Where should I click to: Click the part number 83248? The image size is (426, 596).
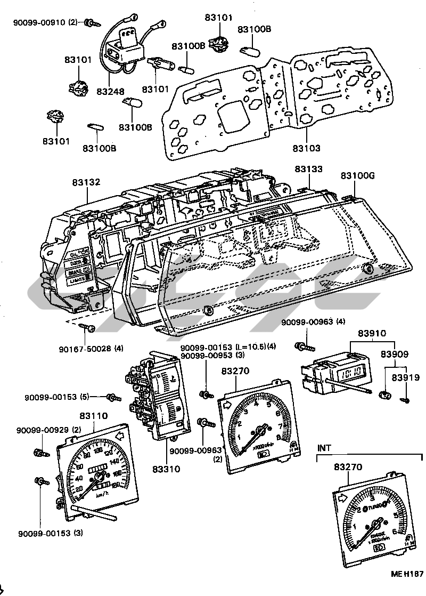pyautogui.click(x=111, y=92)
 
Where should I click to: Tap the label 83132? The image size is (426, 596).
pyautogui.click(x=86, y=182)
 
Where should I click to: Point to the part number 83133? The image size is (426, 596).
pyautogui.click(x=309, y=168)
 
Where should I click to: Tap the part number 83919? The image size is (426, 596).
pyautogui.click(x=406, y=377)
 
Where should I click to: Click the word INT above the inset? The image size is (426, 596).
pyautogui.click(x=324, y=448)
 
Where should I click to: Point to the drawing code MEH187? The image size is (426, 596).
pyautogui.click(x=407, y=574)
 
